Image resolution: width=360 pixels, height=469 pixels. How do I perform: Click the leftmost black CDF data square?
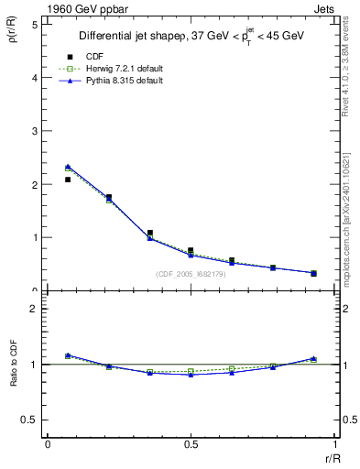tap(68, 180)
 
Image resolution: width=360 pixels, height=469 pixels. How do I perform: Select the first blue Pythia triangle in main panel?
tap(68, 167)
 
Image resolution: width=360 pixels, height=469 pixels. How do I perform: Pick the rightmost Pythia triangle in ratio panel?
tap(312, 358)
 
